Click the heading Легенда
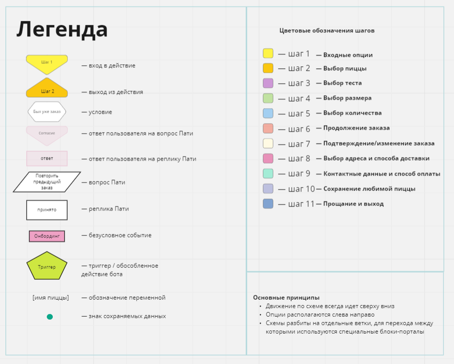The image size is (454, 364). click(62, 29)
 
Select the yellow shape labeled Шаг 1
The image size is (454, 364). click(47, 63)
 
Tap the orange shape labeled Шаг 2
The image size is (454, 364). click(47, 90)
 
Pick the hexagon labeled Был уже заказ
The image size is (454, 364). click(47, 112)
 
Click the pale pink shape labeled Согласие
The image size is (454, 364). click(47, 134)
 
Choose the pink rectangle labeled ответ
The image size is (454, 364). click(47, 159)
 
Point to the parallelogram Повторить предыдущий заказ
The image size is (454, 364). click(47, 182)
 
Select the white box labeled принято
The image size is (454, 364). click(47, 210)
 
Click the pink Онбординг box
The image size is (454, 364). click(47, 236)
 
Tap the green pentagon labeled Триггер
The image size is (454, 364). click(47, 267)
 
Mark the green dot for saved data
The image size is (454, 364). click(50, 317)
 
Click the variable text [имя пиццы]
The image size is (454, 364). click(51, 298)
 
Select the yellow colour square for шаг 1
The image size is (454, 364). click(268, 53)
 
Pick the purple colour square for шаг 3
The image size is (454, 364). click(268, 83)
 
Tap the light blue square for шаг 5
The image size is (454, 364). click(268, 113)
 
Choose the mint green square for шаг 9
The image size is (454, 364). click(268, 174)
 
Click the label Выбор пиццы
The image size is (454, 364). click(345, 68)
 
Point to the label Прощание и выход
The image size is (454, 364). click(353, 203)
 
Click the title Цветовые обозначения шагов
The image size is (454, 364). click(327, 30)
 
